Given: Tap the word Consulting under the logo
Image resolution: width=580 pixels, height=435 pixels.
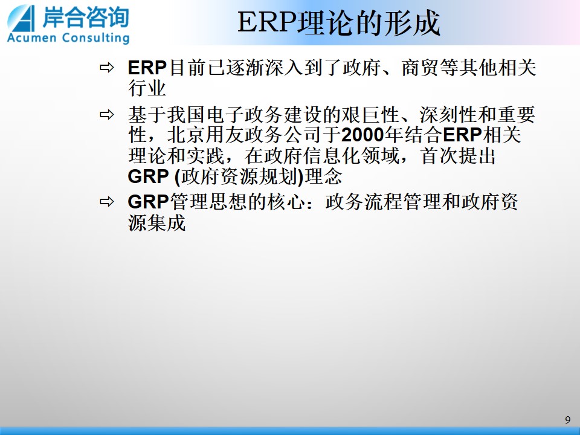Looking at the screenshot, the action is coord(96,38).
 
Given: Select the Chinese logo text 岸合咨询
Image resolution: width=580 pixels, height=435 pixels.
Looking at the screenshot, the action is coord(85,17).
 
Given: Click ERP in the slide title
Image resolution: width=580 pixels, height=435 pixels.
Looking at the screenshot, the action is coord(267,22).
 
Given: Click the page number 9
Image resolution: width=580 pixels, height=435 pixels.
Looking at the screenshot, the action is coord(568,420).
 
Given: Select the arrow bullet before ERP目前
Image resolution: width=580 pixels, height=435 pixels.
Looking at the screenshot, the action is coord(106,68).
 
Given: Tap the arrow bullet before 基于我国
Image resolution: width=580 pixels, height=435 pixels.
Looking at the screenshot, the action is coord(106,115).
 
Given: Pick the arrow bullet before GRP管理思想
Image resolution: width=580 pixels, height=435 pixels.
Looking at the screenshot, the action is coord(106,202).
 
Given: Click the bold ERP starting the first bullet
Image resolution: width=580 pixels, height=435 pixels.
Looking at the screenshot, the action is coord(147,68).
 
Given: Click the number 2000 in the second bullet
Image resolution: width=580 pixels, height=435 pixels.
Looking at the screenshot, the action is coord(363,135).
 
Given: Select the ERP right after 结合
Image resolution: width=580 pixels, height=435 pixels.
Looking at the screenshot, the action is coord(462,135).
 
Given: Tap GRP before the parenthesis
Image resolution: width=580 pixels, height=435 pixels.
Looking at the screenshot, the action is coord(149,176).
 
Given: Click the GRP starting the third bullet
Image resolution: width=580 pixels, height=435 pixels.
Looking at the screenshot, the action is coord(149,202).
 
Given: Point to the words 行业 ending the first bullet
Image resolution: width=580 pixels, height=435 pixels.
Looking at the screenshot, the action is coord(147,89).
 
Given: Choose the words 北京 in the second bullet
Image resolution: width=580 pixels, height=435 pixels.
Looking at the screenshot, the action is coord(186,135).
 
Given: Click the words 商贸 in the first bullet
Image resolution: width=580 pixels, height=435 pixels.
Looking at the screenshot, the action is coord(420,68).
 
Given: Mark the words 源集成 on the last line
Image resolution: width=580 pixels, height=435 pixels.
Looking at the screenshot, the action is coord(157,223).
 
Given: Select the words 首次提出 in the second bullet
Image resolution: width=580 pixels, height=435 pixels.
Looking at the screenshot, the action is coord(459,156).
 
